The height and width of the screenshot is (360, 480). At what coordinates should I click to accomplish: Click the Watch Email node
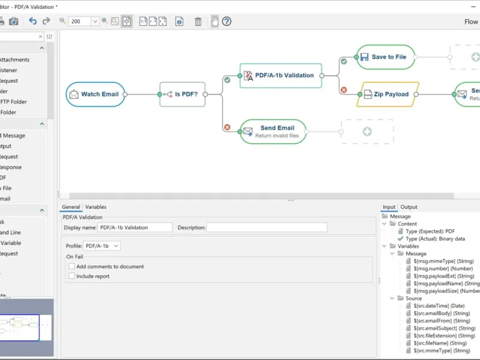click(x=95, y=94)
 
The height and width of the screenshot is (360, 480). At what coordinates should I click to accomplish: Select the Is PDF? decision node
click(x=182, y=94)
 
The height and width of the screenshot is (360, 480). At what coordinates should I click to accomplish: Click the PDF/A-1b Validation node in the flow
click(x=281, y=76)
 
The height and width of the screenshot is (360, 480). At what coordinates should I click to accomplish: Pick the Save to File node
click(x=386, y=57)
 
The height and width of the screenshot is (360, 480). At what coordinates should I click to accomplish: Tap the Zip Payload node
click(x=387, y=94)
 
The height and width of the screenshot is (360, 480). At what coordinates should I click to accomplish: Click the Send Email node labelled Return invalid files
click(x=273, y=131)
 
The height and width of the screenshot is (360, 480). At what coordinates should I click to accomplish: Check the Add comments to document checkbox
click(x=72, y=266)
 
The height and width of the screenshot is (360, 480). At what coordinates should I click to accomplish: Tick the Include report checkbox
click(x=72, y=277)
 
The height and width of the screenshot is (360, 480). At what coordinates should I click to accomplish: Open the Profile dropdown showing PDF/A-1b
click(x=102, y=246)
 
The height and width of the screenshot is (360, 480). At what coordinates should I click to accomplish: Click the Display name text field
click(x=134, y=227)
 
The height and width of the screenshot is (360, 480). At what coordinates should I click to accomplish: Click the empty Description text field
click(x=267, y=227)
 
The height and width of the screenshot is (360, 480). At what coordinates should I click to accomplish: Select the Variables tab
click(x=95, y=207)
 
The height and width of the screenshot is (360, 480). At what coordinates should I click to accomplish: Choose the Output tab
click(x=409, y=207)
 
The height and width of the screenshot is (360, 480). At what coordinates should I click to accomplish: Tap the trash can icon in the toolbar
click(x=198, y=22)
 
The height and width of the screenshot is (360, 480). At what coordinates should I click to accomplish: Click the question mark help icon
click(x=226, y=22)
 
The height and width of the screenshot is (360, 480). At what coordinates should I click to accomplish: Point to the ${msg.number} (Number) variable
click(x=443, y=269)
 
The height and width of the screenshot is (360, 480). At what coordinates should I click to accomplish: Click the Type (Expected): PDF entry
click(x=430, y=231)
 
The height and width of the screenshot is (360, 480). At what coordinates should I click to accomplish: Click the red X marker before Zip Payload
click(x=344, y=90)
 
